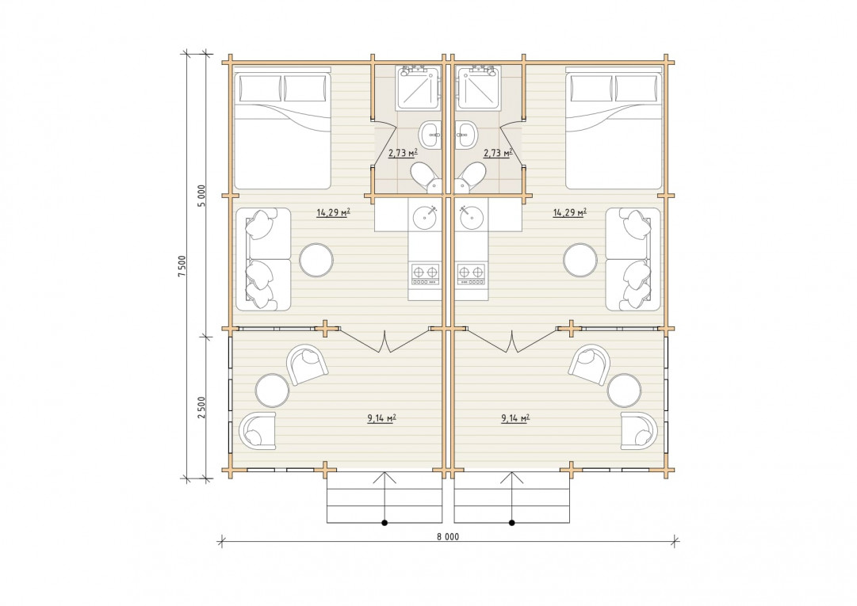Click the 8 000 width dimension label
(x=448, y=536)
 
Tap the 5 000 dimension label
(x=201, y=196)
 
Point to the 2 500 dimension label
(x=201, y=407)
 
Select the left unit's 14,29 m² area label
(x=333, y=212)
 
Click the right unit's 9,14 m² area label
(x=515, y=419)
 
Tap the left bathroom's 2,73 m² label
(x=403, y=153)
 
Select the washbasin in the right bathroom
(x=466, y=135)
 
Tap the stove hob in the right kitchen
(x=471, y=274)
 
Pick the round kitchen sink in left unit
(x=425, y=217)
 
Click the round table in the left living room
(x=316, y=260)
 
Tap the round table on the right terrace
(x=624, y=391)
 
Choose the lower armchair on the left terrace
(x=258, y=430)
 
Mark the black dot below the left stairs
(x=385, y=523)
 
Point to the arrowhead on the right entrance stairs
(x=512, y=477)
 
